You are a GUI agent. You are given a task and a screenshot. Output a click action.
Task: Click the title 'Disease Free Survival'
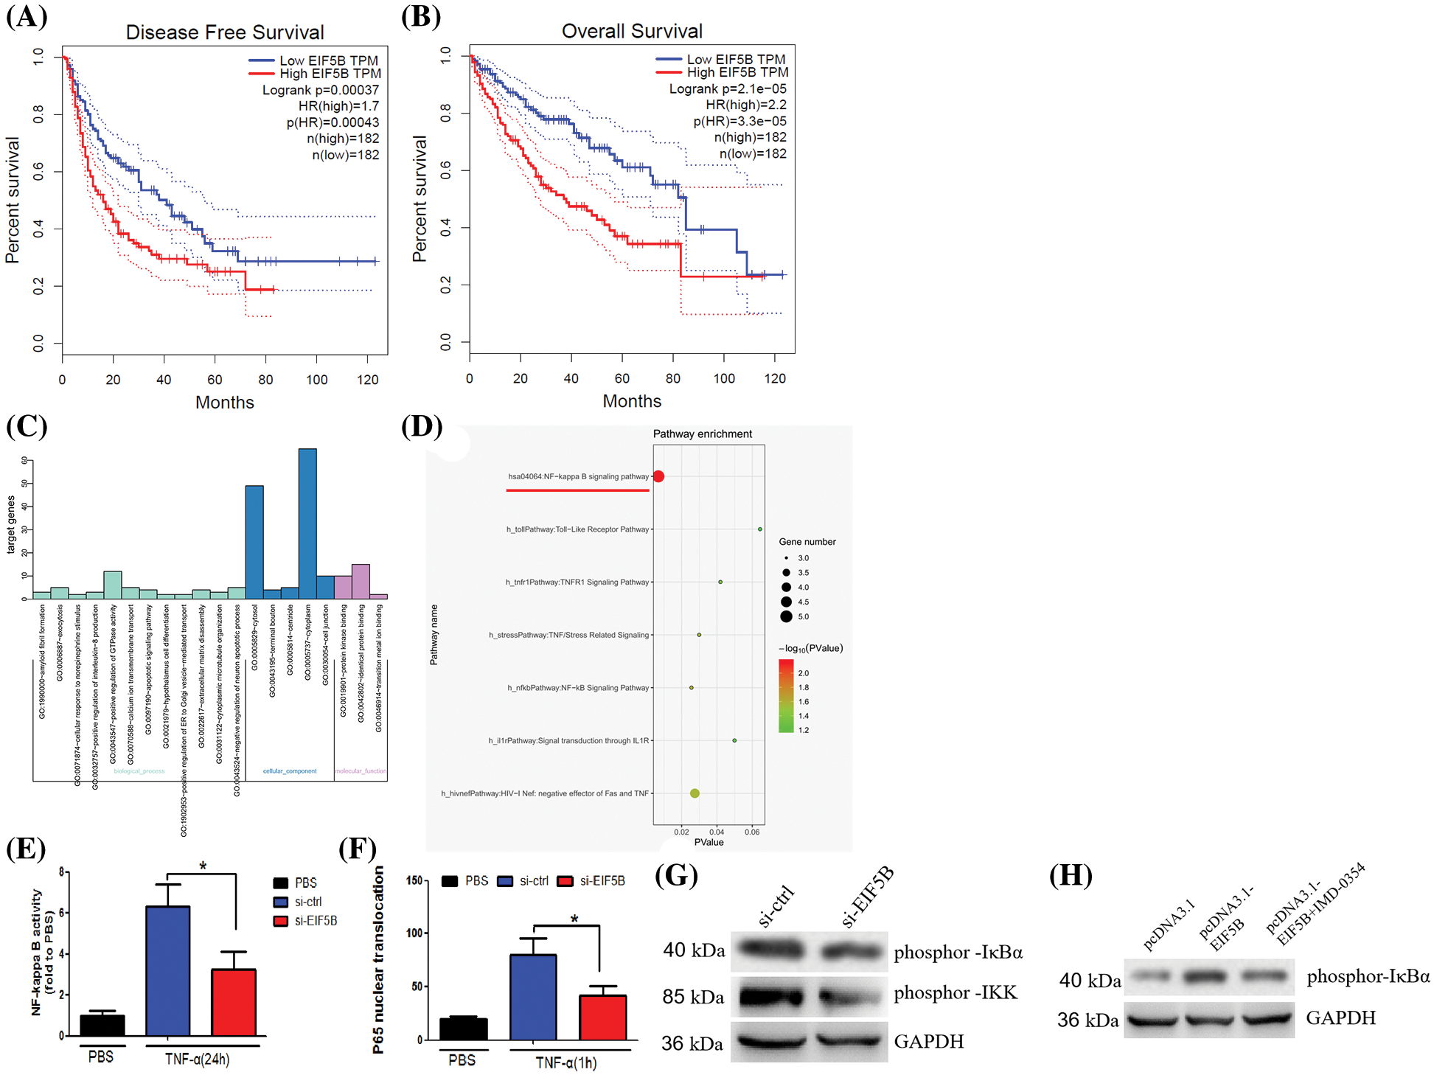225,32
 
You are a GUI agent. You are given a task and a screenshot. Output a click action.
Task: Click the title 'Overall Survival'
632,31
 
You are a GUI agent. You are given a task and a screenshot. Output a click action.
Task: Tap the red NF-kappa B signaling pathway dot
658,476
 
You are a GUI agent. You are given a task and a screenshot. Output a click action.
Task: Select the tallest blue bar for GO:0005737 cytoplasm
307,523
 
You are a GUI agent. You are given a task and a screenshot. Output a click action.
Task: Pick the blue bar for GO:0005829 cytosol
254,542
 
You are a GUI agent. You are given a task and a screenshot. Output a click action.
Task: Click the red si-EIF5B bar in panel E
234,1002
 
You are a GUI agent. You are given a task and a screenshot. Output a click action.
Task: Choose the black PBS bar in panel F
463,1029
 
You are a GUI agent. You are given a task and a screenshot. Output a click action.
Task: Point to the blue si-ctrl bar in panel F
533,997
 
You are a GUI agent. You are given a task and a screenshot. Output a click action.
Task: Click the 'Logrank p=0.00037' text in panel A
321,90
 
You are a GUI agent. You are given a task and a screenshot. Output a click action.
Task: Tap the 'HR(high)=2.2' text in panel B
745,105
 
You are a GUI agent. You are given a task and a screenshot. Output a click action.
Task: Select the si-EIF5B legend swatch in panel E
280,921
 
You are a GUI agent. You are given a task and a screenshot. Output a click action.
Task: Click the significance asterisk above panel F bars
574,919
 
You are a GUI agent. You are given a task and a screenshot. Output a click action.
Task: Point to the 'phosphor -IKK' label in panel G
956,993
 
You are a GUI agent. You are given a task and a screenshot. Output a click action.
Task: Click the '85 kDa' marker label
693,997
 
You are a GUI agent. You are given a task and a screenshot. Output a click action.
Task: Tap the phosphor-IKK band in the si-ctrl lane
770,997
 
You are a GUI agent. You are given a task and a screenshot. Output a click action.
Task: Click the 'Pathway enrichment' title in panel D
703,434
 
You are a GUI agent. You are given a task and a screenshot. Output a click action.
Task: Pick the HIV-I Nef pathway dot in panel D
695,793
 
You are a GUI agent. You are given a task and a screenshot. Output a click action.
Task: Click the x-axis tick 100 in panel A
317,380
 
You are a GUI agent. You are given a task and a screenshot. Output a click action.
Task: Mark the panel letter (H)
1071,875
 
